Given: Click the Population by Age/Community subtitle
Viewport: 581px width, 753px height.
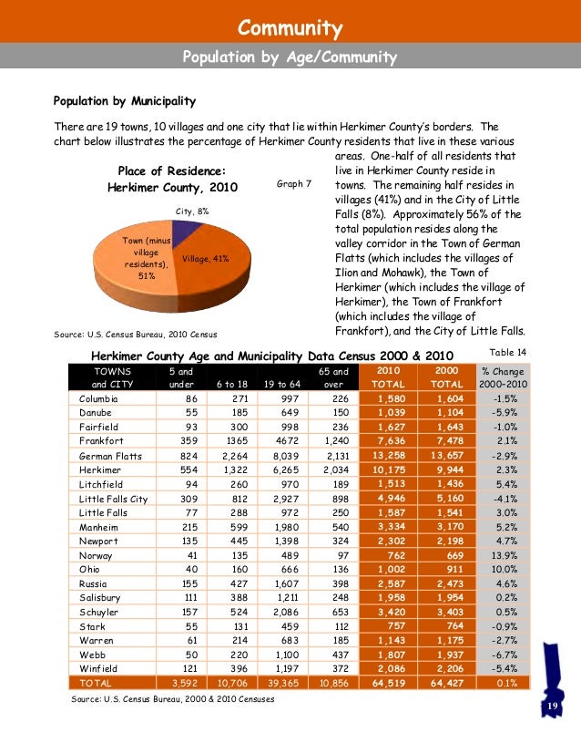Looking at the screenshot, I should pyautogui.click(x=290, y=58).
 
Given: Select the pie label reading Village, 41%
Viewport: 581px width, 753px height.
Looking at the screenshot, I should pyautogui.click(x=206, y=259).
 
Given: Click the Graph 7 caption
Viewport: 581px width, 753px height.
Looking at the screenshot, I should pyautogui.click(x=293, y=184).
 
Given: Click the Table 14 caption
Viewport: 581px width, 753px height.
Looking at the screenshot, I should pyautogui.click(x=508, y=351).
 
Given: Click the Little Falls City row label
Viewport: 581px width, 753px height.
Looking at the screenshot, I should pyautogui.click(x=114, y=499).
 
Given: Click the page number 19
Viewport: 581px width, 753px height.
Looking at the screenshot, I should pyautogui.click(x=550, y=708).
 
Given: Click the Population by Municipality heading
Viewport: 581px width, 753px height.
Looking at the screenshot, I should pyautogui.click(x=124, y=100).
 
